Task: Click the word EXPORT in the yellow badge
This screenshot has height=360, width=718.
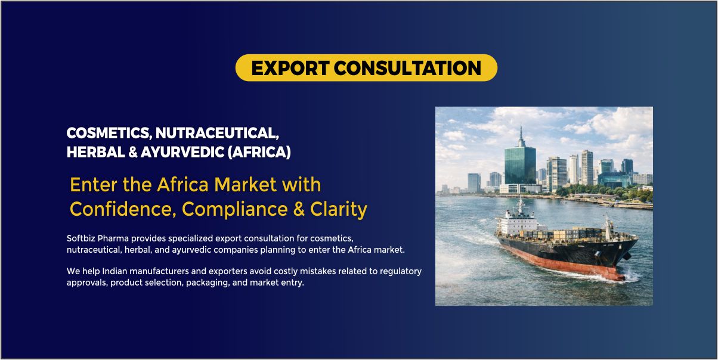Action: (x=290, y=68)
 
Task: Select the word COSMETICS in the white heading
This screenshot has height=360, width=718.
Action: (x=109, y=134)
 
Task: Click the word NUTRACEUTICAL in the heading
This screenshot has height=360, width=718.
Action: (x=217, y=134)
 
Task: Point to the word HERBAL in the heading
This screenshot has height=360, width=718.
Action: (x=96, y=152)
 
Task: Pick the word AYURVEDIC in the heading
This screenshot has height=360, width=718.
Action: (x=182, y=152)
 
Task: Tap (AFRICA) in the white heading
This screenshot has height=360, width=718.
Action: (x=259, y=152)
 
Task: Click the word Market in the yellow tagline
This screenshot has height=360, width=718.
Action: (x=246, y=185)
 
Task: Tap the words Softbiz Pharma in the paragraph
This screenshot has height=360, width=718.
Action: (x=98, y=238)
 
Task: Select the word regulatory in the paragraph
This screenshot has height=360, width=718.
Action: (x=401, y=272)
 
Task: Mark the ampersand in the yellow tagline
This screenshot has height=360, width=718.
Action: (x=299, y=209)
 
